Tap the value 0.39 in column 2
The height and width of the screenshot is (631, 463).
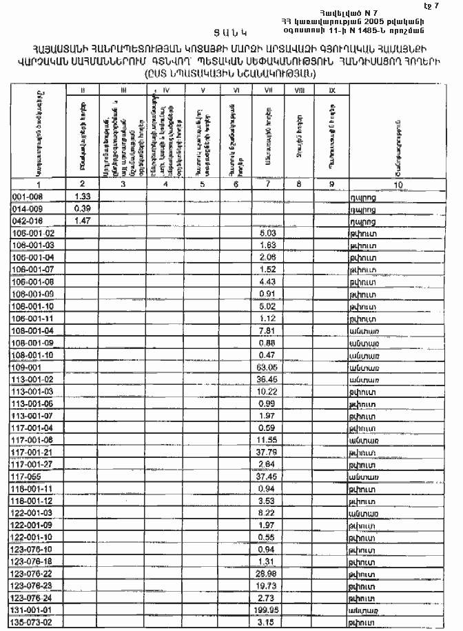pos(83,208)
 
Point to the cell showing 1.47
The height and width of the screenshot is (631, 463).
pos(83,221)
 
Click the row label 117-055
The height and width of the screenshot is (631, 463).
pos(26,476)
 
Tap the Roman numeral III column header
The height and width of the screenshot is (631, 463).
pos(123,90)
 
